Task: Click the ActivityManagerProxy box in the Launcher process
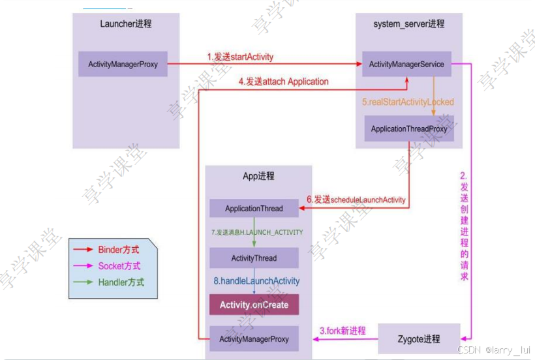[123, 65]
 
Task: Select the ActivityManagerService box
[406, 64]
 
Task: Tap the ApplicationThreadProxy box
[409, 128]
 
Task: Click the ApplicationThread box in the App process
[254, 209]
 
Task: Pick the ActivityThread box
[254, 258]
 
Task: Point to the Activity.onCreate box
[254, 305]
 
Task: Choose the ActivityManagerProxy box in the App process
[254, 339]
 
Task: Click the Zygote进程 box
[419, 339]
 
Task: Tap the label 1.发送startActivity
[240, 57]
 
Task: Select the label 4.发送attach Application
[283, 82]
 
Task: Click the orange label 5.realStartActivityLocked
[408, 102]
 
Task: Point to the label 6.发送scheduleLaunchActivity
[356, 199]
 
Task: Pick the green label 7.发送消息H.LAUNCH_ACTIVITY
[257, 232]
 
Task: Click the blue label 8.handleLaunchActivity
[256, 281]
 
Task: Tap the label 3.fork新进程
[343, 331]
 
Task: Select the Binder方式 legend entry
[118, 250]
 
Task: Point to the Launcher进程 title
[126, 23]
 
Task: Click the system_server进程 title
[408, 23]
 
